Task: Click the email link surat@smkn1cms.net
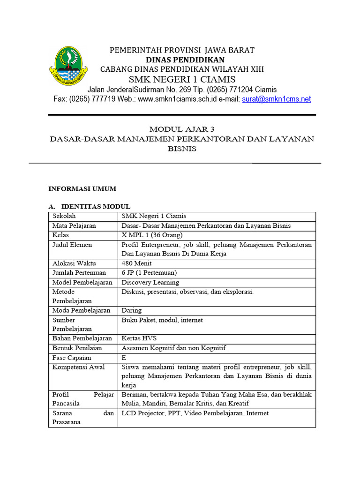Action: tap(276, 99)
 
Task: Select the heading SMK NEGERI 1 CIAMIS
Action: tap(182, 79)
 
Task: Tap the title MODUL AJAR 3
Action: tap(182, 129)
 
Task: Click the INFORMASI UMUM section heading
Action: tap(82, 188)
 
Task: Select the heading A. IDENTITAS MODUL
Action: tap(90, 207)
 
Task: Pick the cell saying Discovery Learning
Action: tap(150, 282)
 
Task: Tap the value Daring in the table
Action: tap(131, 310)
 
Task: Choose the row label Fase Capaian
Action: tap(72, 357)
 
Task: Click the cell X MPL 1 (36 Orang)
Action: tap(152, 235)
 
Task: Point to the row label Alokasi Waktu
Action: tap(74, 263)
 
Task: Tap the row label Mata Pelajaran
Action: tap(74, 225)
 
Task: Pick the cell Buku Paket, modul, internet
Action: tap(162, 320)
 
